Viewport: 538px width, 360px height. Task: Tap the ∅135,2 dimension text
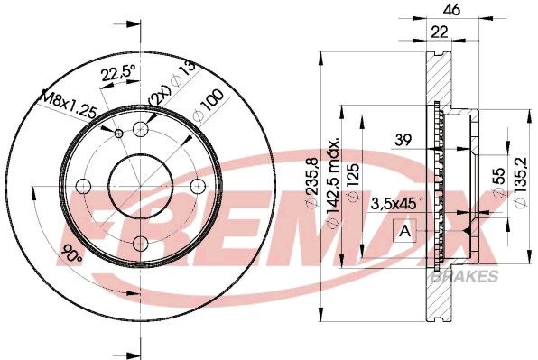point(519,184)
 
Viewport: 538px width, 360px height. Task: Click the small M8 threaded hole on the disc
point(119,133)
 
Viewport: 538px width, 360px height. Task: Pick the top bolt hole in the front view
point(140,129)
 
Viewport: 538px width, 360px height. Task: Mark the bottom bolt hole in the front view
point(140,243)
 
